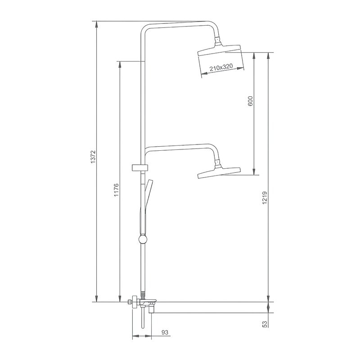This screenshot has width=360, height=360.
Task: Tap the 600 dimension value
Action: coord(251,102)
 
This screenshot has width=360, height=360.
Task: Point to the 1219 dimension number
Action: coord(265,198)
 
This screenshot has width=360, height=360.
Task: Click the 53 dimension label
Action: coord(265,324)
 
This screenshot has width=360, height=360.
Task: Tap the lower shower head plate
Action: coord(219,172)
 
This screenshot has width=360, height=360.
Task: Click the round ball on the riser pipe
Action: coord(143,239)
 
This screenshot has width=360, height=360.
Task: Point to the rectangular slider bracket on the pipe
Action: coord(139,168)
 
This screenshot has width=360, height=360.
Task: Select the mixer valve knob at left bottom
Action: coord(132,302)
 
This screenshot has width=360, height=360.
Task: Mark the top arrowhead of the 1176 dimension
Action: coord(119,64)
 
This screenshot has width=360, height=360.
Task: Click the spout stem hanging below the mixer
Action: coord(142,321)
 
